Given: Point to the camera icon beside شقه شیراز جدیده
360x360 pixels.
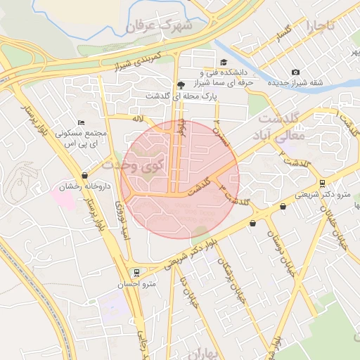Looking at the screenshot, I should tap(295, 72).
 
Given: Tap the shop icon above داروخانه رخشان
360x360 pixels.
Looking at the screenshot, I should tap(84, 176).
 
